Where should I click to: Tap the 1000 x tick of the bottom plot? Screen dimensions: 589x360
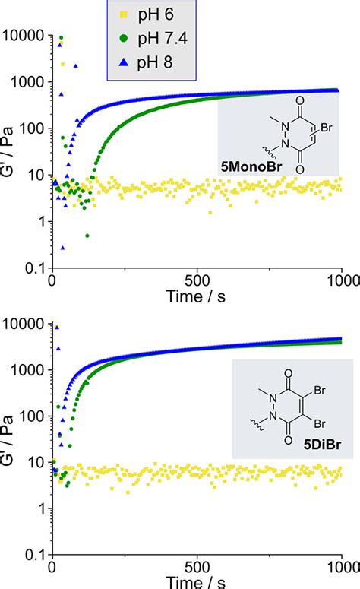tap(340, 565)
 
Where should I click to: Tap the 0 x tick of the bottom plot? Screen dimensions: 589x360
tap(52, 565)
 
